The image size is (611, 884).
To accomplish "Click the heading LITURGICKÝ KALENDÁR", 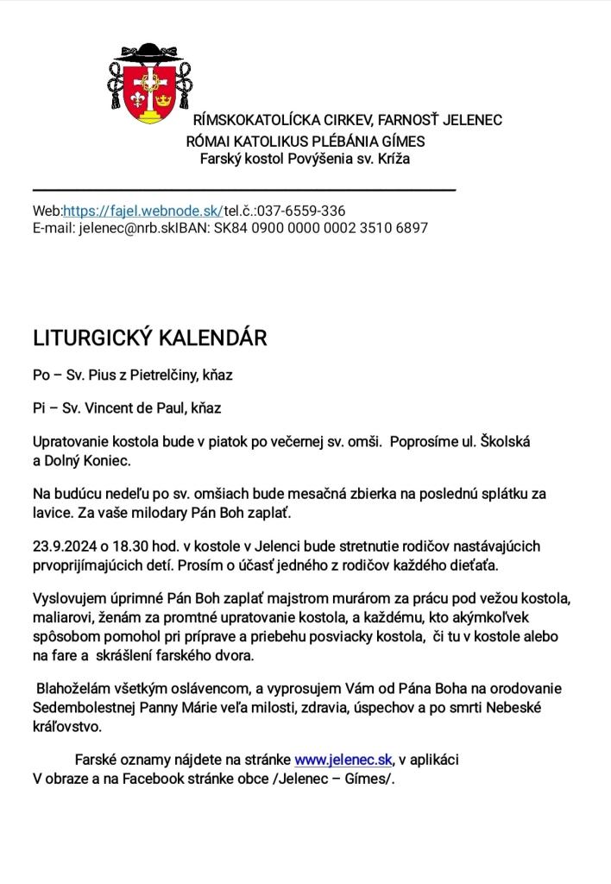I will [149, 338].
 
